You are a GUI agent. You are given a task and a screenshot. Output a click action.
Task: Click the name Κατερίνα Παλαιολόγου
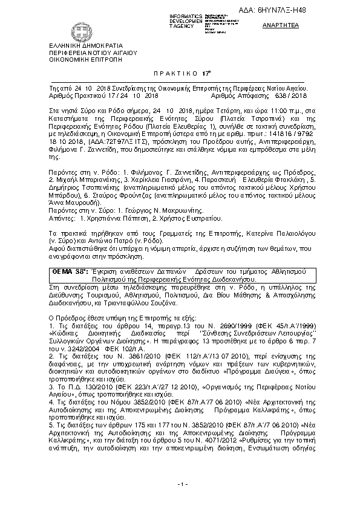point(277,231)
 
